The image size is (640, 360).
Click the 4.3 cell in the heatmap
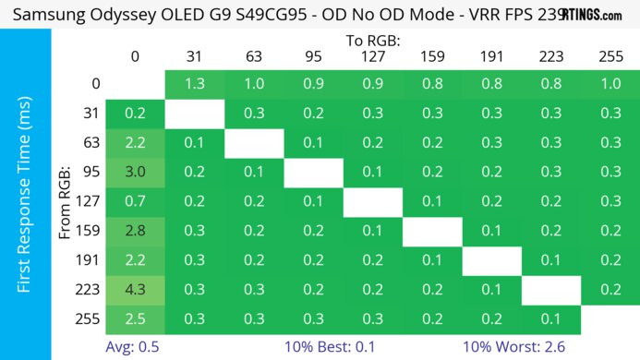135,288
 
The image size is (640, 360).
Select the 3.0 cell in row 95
135,172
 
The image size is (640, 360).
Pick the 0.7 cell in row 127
135,200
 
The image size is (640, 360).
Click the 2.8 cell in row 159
135,230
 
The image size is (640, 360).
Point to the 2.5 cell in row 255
135,318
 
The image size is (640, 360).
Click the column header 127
372,56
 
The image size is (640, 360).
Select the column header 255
610,56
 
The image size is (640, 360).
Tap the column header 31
194,56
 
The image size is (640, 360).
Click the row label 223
89,288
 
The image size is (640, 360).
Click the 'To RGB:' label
372,41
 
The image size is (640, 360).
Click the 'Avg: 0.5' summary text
135,346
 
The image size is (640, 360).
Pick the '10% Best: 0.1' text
344,346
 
